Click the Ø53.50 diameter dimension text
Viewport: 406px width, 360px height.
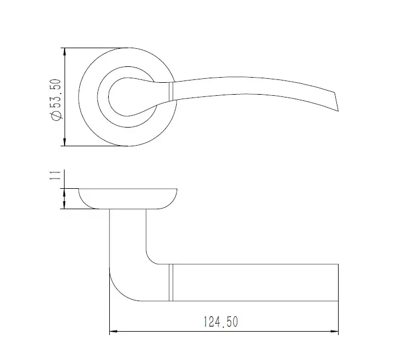tap(56, 100)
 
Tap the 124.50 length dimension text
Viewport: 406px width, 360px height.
tap(221, 321)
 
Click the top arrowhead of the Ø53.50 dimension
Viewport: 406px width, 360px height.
tap(65, 52)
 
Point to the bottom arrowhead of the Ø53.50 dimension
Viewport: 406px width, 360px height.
tap(65, 142)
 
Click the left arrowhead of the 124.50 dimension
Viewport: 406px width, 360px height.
tap(114, 331)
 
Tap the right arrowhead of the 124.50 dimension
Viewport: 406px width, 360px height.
tap(334, 331)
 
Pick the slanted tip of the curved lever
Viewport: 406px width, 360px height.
tap(336, 101)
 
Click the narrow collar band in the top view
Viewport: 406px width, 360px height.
tap(170, 91)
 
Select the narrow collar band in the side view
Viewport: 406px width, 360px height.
tap(170, 282)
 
